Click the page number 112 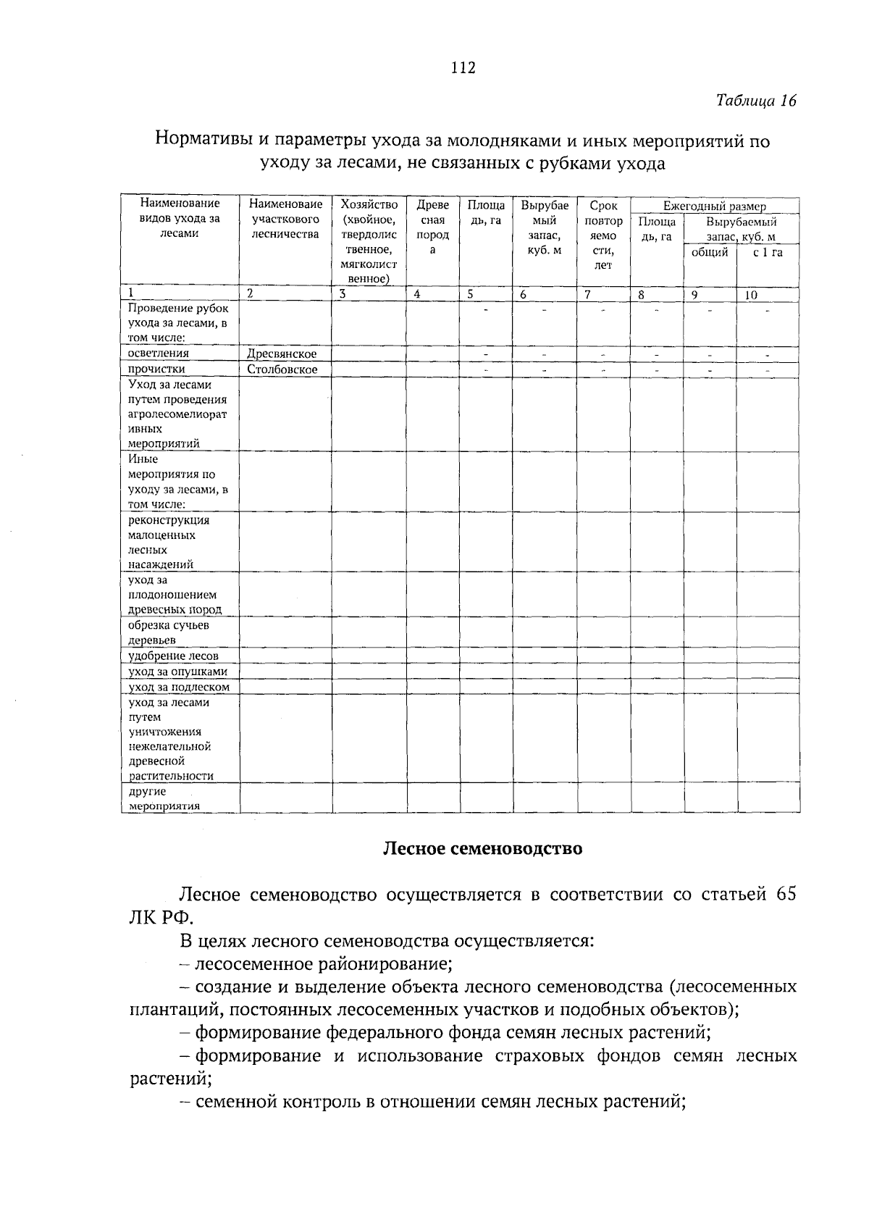click(462, 68)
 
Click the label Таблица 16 click(756, 101)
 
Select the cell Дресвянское click(282, 354)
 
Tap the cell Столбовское click(282, 369)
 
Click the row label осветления click(159, 354)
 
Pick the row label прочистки click(156, 369)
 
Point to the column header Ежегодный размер click(714, 206)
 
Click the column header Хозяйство click(369, 205)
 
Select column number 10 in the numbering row click(751, 295)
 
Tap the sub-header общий click(710, 252)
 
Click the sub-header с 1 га click(768, 252)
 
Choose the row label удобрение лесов click(173, 656)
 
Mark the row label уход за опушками click(178, 672)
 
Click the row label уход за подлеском click(179, 687)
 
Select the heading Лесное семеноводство click(482, 848)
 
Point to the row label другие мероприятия click(164, 798)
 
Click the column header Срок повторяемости click(603, 235)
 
